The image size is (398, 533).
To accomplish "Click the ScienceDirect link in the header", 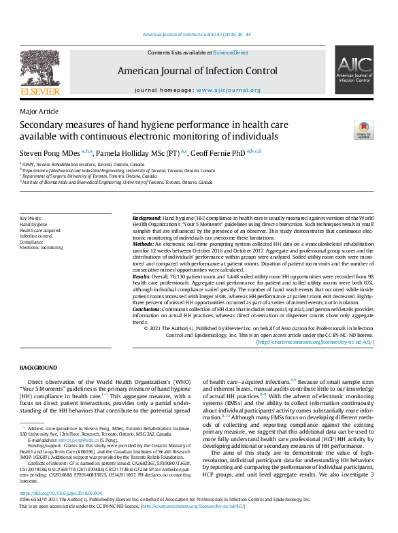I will pos(231,52).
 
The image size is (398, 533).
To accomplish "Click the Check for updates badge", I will pos(363,131).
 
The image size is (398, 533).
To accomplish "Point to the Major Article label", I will pos(39,112).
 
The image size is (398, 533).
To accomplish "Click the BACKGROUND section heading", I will pos(38,368).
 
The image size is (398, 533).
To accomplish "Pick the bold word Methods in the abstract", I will pos(142,243).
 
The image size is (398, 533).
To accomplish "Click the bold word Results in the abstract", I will pos(141,277).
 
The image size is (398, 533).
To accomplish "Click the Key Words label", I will pos(31,218).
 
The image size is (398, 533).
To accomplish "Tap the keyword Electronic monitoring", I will pos(42,248).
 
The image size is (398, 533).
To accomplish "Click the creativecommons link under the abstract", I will pos(314,342).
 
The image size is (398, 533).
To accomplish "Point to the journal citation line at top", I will pos(197,33).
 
